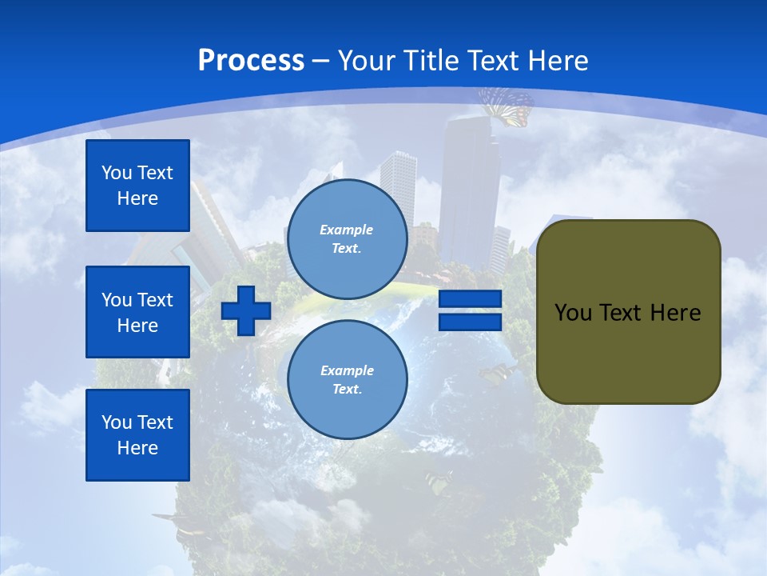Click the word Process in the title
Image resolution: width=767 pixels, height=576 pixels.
[x=251, y=61]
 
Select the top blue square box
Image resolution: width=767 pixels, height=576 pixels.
[x=137, y=186]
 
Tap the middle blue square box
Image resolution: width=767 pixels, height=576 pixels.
[x=137, y=312]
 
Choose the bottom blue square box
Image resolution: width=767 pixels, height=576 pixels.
[x=137, y=435]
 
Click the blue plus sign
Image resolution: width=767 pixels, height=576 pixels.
[x=246, y=310]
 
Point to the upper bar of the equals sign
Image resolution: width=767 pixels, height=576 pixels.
[x=470, y=299]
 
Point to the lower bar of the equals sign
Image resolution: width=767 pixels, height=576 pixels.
[x=470, y=322]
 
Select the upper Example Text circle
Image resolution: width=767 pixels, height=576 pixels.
[x=347, y=238]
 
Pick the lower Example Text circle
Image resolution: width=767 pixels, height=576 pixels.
[x=347, y=379]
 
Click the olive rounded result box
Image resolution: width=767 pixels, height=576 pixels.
[x=628, y=312]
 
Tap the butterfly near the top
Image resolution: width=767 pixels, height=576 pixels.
[x=506, y=106]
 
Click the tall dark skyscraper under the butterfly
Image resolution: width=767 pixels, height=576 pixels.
[x=468, y=184]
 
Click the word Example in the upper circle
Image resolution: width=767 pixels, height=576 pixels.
[x=347, y=230]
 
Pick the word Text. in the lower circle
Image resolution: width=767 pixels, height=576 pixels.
[x=347, y=390]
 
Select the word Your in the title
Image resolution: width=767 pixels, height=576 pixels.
[x=364, y=61]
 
